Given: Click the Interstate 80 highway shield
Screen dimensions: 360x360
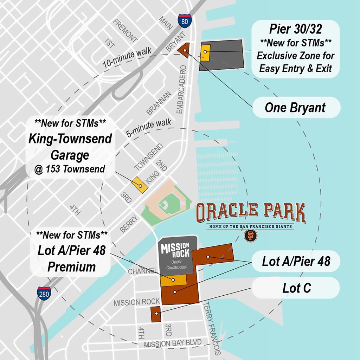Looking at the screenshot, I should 185,21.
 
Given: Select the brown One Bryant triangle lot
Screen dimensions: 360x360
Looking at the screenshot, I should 184,50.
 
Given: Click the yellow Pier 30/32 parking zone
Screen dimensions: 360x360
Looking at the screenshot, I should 205,51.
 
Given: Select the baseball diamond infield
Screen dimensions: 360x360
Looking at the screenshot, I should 163,204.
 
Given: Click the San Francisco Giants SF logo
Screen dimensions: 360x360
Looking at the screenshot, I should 250,236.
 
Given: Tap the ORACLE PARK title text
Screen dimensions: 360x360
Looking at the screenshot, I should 250,212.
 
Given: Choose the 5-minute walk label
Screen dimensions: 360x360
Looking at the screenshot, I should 149,128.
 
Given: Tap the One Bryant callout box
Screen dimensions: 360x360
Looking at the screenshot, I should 295,108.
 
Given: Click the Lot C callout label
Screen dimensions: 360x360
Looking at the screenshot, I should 297,288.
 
